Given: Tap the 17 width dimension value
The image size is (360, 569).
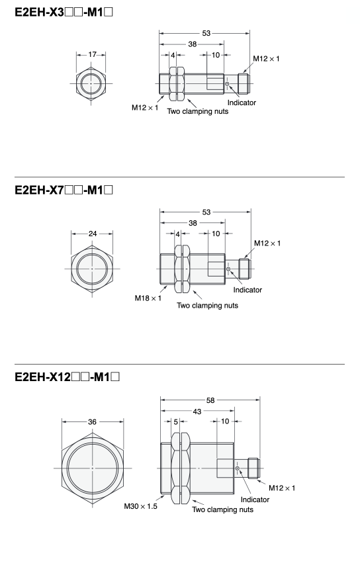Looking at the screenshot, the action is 92,54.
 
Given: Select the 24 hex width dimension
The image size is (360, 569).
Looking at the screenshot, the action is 93,234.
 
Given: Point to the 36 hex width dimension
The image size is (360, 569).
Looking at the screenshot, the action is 92,421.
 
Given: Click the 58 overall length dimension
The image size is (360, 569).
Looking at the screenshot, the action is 210,400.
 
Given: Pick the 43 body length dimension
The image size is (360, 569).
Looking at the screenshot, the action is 197,412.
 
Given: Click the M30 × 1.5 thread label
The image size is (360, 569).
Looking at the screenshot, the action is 141,506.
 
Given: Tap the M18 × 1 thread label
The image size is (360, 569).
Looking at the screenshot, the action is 148,298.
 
